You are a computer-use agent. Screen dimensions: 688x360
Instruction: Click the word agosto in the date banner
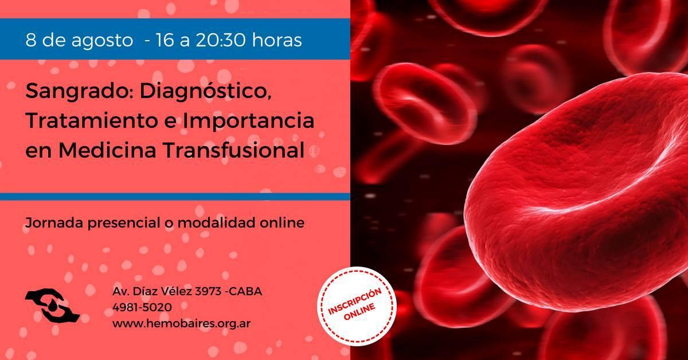tap(102, 41)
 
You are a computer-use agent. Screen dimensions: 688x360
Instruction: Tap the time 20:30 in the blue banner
tap(221, 40)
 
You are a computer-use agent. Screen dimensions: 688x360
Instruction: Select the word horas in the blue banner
tap(277, 40)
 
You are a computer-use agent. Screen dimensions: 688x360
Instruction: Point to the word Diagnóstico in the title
tap(206, 91)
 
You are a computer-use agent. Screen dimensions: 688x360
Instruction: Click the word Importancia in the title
tap(249, 122)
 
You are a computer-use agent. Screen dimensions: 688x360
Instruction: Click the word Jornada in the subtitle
tap(54, 222)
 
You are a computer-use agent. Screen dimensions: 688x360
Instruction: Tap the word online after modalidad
tap(282, 222)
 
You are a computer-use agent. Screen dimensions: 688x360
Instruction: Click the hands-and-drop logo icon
tap(52, 306)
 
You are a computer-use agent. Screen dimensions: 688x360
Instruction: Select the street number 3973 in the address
tap(208, 291)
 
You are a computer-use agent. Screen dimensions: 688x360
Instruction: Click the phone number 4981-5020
tap(142, 307)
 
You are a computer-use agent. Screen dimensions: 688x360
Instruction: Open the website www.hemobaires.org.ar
tap(181, 323)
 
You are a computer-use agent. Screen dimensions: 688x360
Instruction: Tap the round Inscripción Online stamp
tap(357, 306)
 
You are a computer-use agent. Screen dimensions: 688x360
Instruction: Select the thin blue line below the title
tap(175, 197)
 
